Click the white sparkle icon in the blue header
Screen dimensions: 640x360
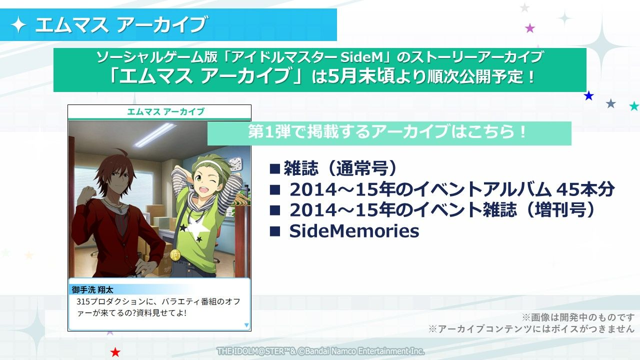coord(19,25)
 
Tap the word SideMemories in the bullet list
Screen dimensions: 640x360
coord(354,231)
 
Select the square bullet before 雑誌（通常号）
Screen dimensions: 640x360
coord(274,168)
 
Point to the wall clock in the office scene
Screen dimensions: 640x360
coord(235,164)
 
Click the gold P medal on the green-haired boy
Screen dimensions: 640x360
coord(175,254)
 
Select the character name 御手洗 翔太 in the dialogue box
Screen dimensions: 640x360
coord(92,290)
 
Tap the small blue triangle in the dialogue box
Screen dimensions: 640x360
coord(246,325)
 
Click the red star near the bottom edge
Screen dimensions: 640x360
coord(115,352)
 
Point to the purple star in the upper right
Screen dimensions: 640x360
coord(530,28)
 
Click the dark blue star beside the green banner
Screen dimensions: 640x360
coord(588,95)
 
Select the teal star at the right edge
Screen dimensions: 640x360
coord(634,106)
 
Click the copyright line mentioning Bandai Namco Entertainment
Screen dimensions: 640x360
coord(320,351)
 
